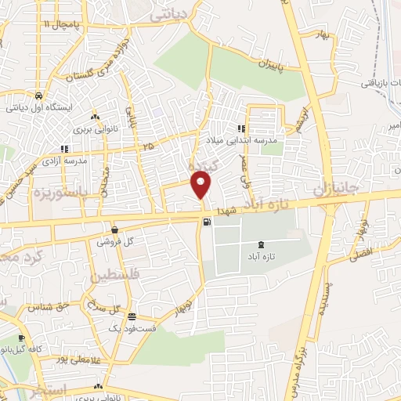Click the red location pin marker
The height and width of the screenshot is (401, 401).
click(x=202, y=185)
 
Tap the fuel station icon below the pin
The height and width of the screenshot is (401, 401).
click(x=206, y=222)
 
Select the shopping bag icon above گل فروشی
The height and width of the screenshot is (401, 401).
click(x=115, y=230)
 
